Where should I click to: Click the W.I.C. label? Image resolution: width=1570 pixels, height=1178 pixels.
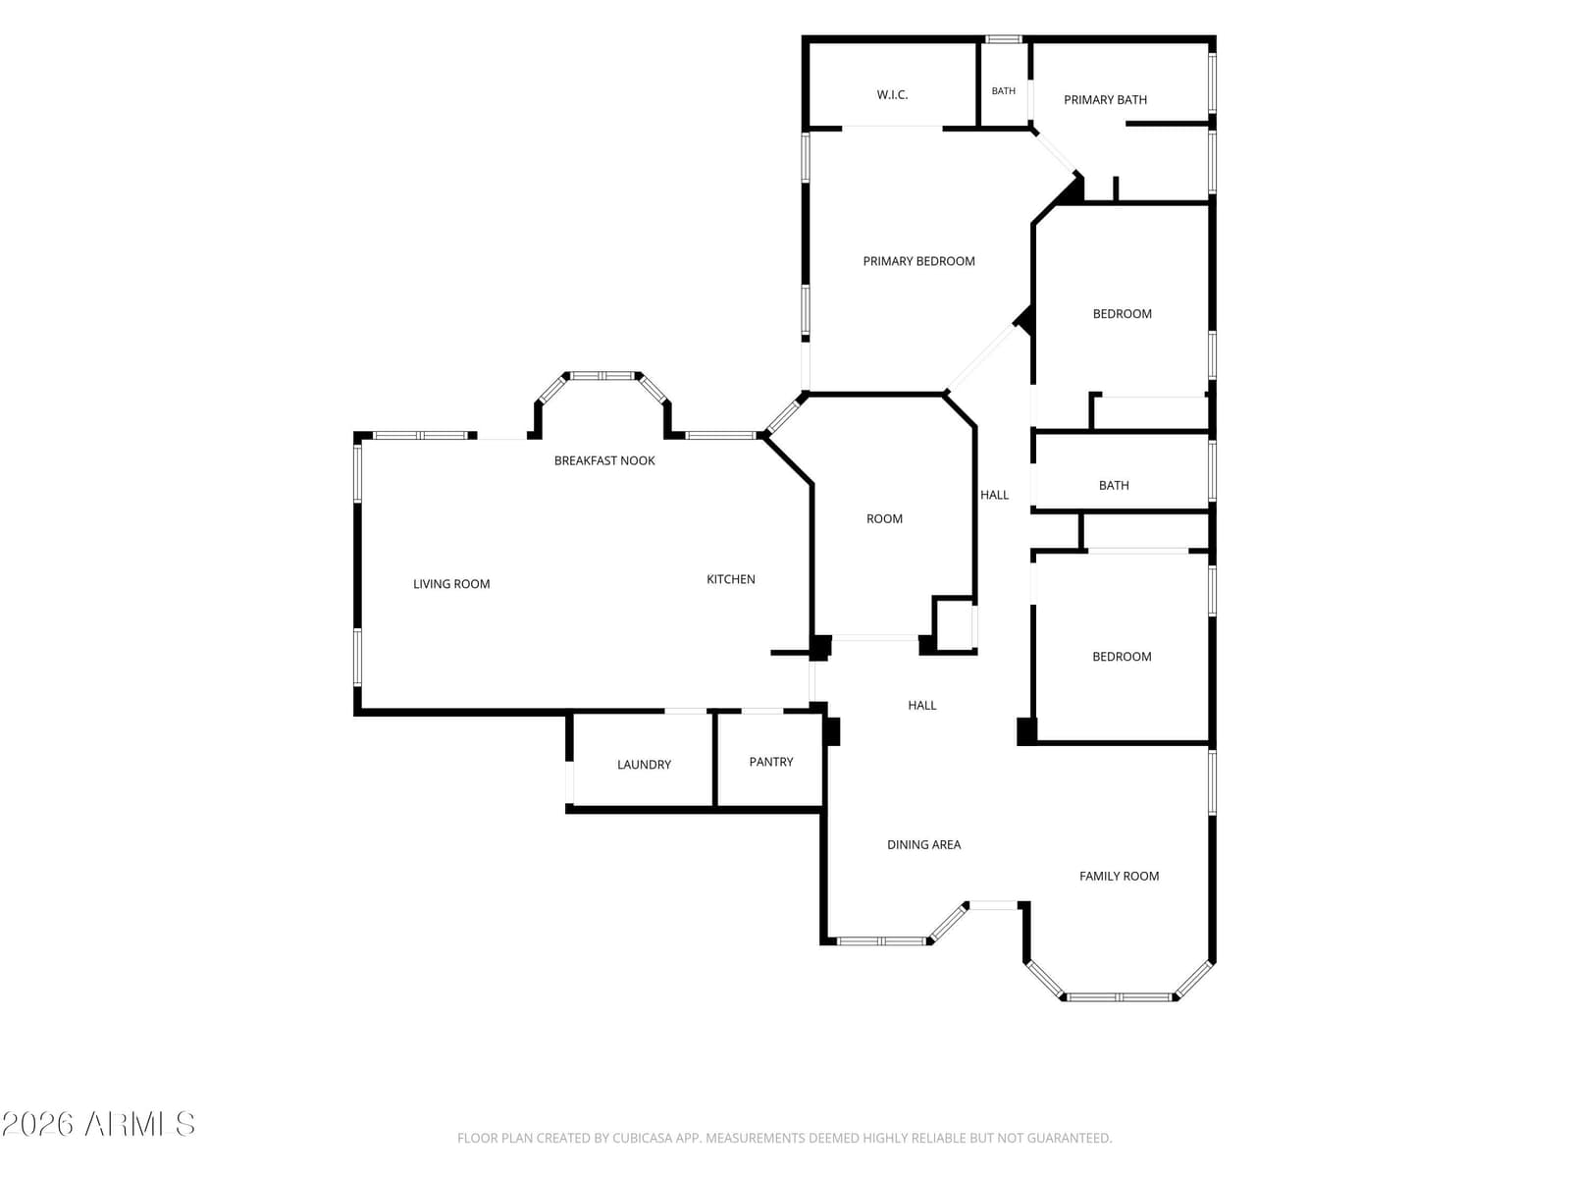pos(892,94)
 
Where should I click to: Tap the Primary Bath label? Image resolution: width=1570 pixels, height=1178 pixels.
pos(1105,100)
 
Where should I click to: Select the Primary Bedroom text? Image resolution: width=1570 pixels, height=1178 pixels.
pos(918,261)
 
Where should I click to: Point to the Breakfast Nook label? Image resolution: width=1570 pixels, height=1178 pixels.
pos(604,460)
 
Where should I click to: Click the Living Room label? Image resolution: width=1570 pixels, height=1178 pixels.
pos(451,584)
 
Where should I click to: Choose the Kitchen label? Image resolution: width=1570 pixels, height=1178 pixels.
pos(730,579)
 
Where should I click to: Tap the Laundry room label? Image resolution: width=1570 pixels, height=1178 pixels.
pos(644,765)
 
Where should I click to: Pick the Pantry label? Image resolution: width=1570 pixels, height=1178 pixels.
pos(771,762)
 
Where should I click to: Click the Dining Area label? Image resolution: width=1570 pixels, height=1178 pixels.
pos(923,844)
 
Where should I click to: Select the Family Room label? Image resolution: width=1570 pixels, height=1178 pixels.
pos(1119,877)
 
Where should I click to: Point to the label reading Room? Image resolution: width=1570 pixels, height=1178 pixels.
pos(884,518)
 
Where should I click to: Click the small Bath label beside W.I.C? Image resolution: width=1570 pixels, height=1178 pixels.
pos(1003,91)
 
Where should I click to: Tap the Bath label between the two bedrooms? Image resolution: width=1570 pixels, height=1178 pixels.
pos(1114,486)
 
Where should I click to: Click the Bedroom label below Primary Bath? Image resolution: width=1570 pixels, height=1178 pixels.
pos(1122,314)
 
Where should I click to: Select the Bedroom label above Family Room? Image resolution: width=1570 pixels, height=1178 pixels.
pos(1122,657)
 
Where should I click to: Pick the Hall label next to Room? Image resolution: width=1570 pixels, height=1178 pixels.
pos(994,495)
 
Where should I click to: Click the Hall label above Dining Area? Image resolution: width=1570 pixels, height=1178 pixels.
pos(922,705)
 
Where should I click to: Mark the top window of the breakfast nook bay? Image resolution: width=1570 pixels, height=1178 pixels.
pos(602,376)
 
